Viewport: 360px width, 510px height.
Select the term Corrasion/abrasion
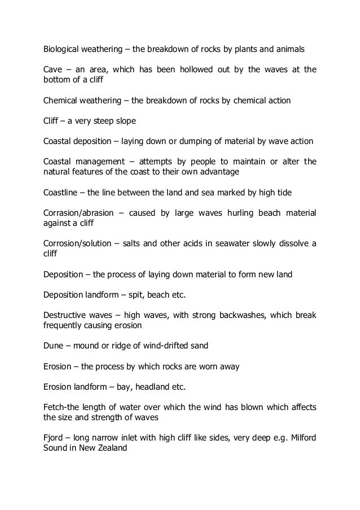click(82, 213)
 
